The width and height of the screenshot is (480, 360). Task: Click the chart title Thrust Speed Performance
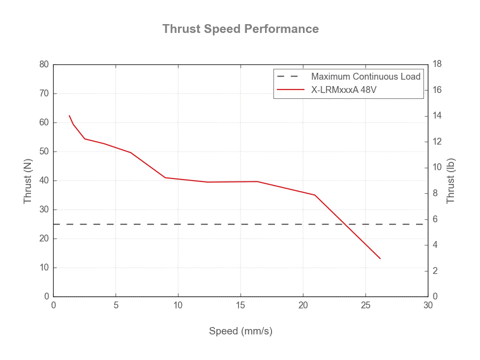240,29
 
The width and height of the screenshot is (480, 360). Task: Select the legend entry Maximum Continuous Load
365,77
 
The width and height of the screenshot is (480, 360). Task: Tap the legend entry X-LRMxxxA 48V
344,90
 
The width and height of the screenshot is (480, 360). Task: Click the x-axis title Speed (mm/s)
240,331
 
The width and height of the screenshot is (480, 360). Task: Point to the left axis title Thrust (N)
28,180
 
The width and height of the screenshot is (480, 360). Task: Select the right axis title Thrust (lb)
450,180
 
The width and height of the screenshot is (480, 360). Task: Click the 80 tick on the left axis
44,64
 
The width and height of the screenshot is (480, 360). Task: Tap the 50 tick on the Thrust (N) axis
44,151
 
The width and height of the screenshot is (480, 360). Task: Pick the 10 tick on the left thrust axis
44,268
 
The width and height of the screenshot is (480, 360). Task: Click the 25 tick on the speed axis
365,305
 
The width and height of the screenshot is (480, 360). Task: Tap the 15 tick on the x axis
240,305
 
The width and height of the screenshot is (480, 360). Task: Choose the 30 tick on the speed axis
428,305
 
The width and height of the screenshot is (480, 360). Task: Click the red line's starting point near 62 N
69,116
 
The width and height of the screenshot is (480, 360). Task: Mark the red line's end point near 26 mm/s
380,259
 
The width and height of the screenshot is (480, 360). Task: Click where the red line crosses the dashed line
348,224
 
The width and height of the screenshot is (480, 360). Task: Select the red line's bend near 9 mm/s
165,178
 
